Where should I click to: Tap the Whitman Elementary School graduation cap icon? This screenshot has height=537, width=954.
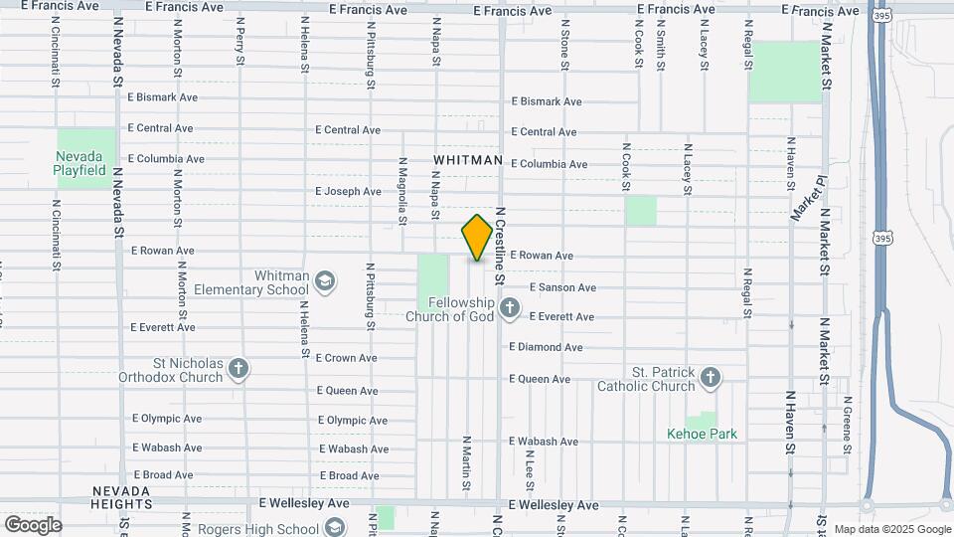(324, 282)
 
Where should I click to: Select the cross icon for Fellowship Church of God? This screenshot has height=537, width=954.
(509, 308)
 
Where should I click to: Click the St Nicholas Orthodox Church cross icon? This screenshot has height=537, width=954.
(238, 369)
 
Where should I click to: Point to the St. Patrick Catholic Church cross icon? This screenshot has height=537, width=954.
(710, 378)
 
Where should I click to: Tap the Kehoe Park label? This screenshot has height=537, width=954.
(702, 435)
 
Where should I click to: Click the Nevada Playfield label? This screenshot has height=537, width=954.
(79, 163)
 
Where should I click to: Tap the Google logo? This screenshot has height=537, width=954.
(33, 524)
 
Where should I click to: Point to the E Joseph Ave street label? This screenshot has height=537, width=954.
(348, 191)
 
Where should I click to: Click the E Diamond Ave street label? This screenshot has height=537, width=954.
(546, 347)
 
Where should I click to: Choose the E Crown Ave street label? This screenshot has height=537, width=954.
(346, 358)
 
